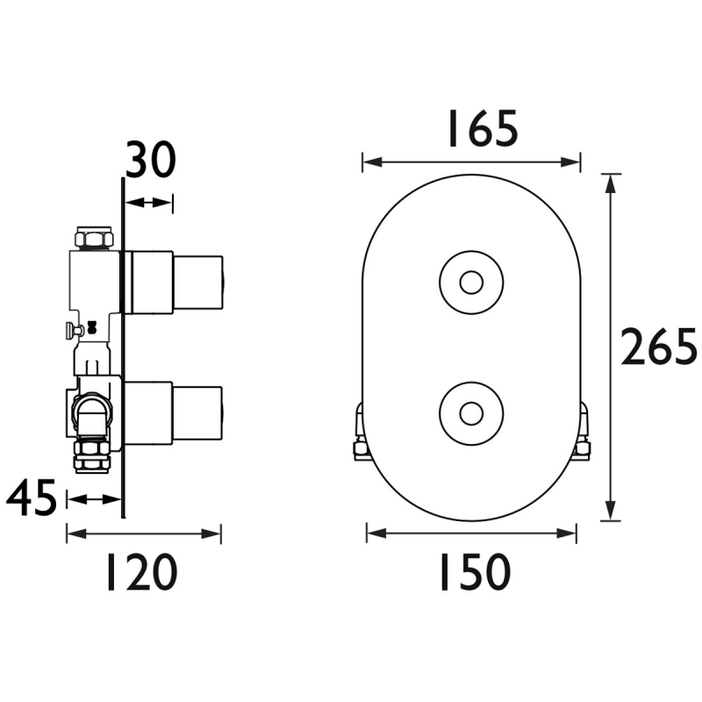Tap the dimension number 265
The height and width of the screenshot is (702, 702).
click(658, 347)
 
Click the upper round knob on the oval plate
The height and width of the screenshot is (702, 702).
click(471, 283)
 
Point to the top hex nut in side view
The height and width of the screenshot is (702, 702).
click(94, 238)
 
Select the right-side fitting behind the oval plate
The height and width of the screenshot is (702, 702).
click(582, 434)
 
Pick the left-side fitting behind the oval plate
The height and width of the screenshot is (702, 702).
click(360, 434)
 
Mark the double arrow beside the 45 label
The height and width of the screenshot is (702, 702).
click(94, 499)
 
